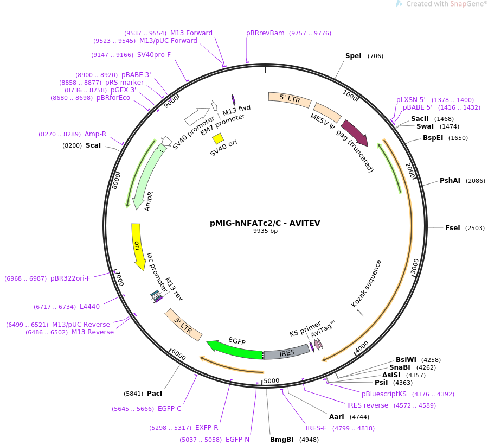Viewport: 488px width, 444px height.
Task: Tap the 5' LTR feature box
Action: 290,99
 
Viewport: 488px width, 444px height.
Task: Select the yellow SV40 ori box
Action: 218,138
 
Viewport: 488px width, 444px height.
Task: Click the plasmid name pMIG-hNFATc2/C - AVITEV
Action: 265,223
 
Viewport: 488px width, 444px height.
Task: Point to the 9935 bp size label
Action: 265,231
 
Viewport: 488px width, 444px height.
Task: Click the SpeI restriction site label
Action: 353,56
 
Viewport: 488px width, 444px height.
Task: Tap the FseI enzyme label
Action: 452,228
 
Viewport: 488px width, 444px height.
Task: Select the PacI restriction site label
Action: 155,394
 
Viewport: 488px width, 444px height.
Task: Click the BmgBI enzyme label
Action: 282,440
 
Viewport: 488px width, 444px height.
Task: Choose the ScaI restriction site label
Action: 93,145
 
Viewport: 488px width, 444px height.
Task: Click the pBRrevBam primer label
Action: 265,33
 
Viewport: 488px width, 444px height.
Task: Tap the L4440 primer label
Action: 89,307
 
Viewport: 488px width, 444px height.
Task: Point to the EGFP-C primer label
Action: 169,409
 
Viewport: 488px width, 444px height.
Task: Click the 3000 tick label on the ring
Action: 415,267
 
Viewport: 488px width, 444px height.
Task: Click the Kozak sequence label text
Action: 367,283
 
